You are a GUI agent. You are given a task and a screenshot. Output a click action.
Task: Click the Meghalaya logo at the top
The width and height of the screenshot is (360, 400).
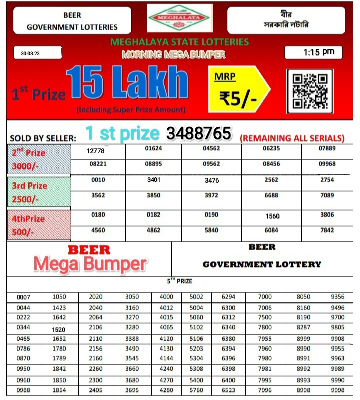click(x=180, y=18)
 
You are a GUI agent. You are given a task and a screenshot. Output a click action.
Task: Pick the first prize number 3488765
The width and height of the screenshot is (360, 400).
click(x=198, y=133)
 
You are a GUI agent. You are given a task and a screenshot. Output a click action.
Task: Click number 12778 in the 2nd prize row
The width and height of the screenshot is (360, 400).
click(x=95, y=151)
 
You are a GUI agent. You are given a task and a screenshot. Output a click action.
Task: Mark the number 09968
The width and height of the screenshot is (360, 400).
click(x=327, y=164)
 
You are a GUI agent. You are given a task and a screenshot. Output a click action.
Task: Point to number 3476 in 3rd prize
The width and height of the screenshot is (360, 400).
click(x=212, y=180)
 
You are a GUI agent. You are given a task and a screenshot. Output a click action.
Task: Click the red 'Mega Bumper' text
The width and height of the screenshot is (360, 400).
click(x=90, y=264)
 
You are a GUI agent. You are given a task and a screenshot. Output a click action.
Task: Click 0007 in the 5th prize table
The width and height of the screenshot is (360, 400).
click(x=23, y=297)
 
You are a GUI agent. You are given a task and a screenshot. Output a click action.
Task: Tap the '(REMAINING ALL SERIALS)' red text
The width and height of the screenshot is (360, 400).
click(x=292, y=138)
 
